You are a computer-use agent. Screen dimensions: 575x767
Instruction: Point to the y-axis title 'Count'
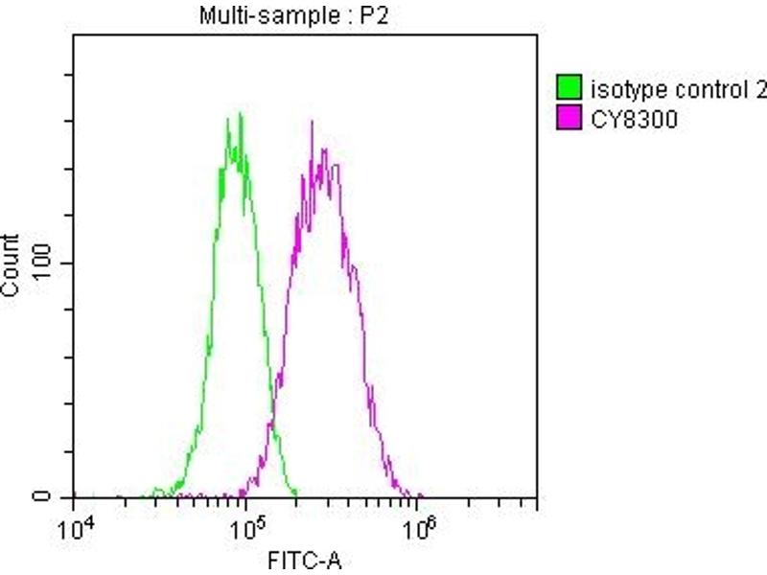click(x=12, y=265)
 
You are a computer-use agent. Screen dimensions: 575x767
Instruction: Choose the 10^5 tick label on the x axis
click(x=246, y=528)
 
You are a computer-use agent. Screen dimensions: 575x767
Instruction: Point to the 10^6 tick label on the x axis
click(x=418, y=528)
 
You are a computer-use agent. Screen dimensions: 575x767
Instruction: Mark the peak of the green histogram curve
click(x=240, y=115)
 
